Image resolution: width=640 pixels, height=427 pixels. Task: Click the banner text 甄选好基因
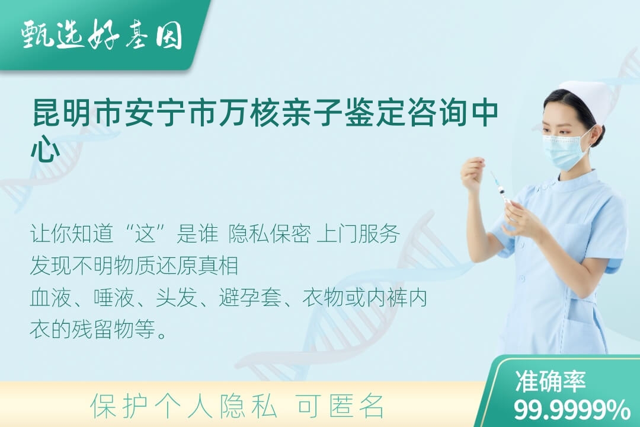[102, 35]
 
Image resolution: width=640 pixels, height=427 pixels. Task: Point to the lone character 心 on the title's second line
[45, 149]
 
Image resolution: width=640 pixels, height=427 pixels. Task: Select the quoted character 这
[146, 234]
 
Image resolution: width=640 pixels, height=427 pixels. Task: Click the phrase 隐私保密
[270, 234]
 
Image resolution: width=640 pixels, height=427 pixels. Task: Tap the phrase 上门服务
[358, 234]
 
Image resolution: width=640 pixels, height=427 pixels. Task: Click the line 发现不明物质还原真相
[135, 266]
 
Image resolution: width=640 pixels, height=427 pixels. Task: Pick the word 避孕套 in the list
[250, 298]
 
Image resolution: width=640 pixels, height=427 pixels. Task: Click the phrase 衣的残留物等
[93, 330]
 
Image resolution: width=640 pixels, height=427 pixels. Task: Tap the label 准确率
[551, 381]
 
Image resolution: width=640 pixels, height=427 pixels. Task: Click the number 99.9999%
[571, 410]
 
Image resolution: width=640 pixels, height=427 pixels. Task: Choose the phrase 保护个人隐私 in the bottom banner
[184, 406]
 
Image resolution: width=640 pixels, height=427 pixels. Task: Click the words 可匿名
[341, 406]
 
